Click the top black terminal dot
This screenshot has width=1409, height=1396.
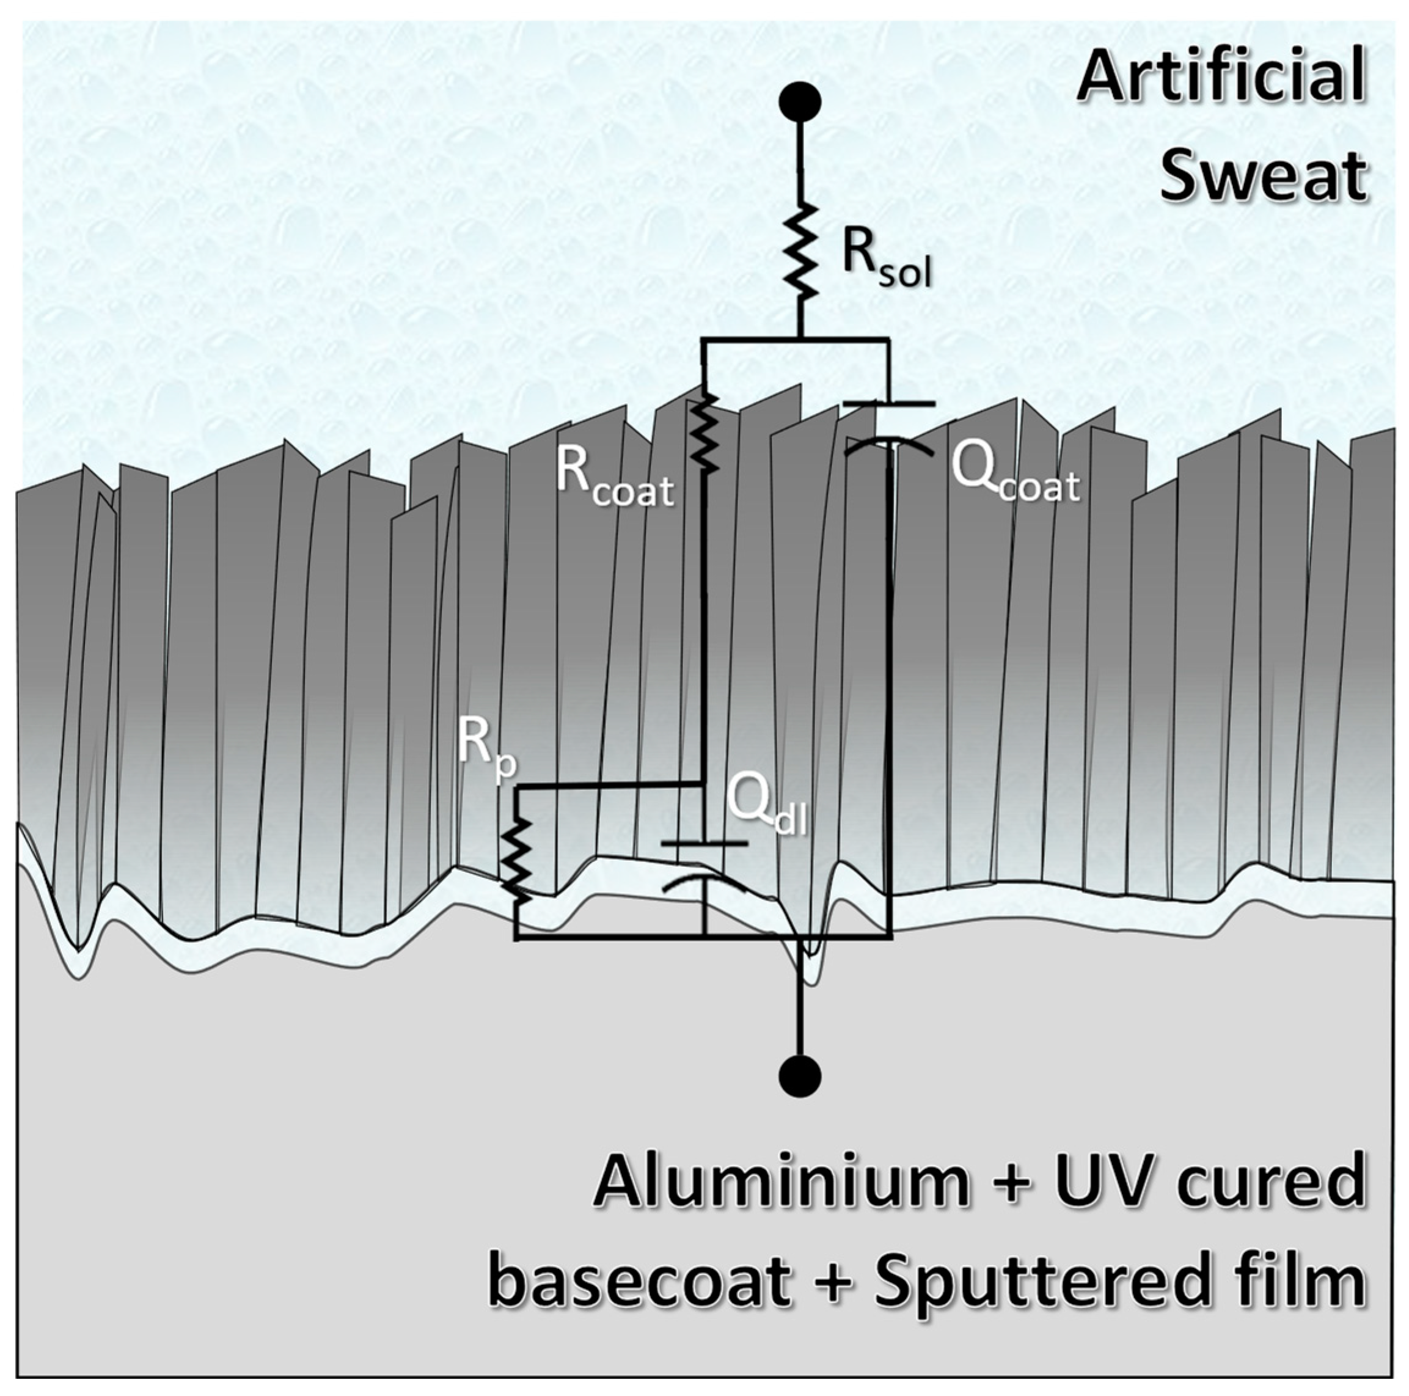pyautogui.click(x=800, y=103)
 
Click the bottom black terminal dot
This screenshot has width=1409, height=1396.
pyautogui.click(x=800, y=1076)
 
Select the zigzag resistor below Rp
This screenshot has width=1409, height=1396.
pyautogui.click(x=517, y=861)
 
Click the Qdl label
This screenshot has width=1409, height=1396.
pyautogui.click(x=766, y=806)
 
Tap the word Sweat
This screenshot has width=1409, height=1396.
pyautogui.click(x=1262, y=175)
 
